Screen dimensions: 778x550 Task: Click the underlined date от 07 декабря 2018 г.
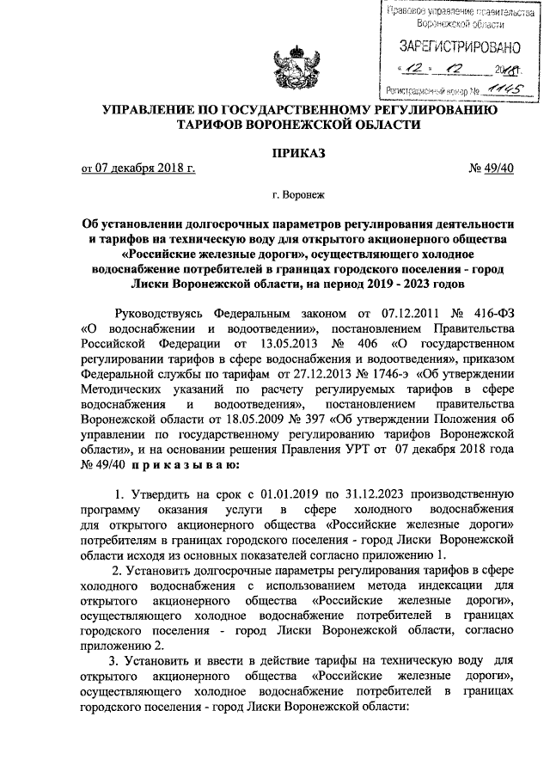point(138,169)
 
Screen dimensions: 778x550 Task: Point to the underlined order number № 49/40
point(491,169)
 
